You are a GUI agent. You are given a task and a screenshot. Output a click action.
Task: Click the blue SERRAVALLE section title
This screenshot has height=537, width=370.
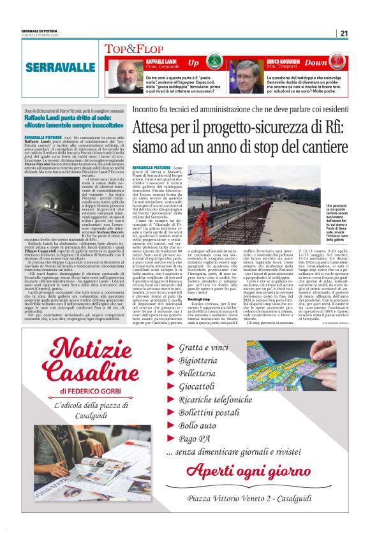(61, 67)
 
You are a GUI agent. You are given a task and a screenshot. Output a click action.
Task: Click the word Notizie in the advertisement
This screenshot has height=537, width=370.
(98, 349)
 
